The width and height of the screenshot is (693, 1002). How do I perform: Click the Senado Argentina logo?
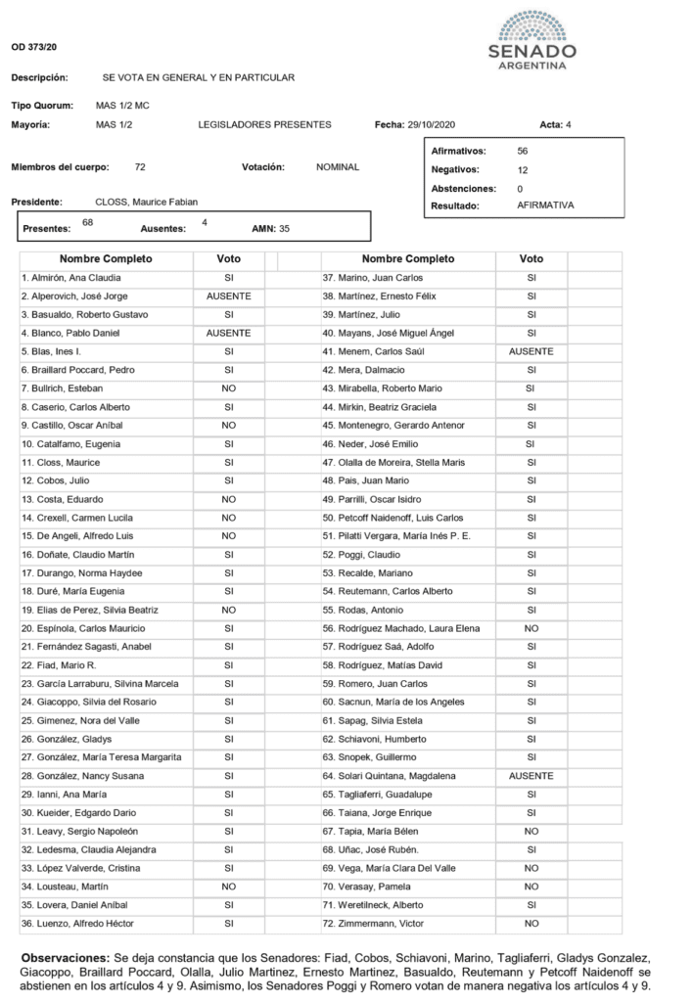pyautogui.click(x=531, y=41)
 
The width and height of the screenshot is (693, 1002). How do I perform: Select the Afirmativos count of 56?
pyautogui.click(x=522, y=151)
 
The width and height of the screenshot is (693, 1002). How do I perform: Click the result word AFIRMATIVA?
pyautogui.click(x=545, y=205)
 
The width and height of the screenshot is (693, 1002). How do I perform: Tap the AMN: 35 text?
pyautogui.click(x=271, y=228)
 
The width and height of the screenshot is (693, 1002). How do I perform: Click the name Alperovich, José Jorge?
pyautogui.click(x=75, y=296)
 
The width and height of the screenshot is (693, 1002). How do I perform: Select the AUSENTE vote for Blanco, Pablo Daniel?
pyautogui.click(x=228, y=333)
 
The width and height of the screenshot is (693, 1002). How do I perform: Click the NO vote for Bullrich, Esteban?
pyautogui.click(x=228, y=388)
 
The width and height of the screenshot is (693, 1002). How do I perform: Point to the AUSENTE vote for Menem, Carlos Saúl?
pyautogui.click(x=531, y=351)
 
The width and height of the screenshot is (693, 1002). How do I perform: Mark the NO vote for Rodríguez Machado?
pyautogui.click(x=531, y=628)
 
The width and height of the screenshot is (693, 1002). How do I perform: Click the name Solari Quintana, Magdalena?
pyautogui.click(x=393, y=775)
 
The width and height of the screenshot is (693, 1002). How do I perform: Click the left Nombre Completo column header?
pyautogui.click(x=106, y=259)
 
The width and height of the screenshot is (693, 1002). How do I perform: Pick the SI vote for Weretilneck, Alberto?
pyautogui.click(x=531, y=905)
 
